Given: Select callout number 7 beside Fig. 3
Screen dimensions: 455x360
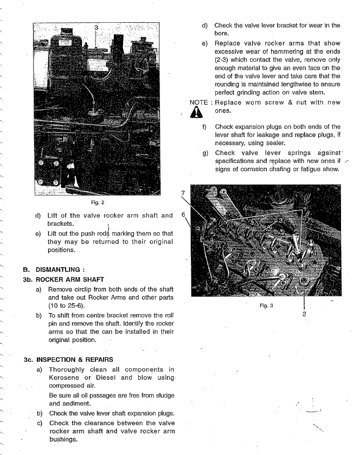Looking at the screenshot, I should (x=183, y=193).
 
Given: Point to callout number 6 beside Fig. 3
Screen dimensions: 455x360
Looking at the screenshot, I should (x=183, y=214).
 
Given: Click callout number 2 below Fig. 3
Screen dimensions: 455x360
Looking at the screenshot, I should (x=304, y=314).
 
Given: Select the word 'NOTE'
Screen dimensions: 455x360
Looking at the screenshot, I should (x=199, y=102).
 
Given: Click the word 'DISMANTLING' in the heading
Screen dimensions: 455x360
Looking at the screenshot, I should (x=61, y=269).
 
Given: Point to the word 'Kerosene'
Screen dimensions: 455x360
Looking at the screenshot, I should (x=68, y=377).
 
